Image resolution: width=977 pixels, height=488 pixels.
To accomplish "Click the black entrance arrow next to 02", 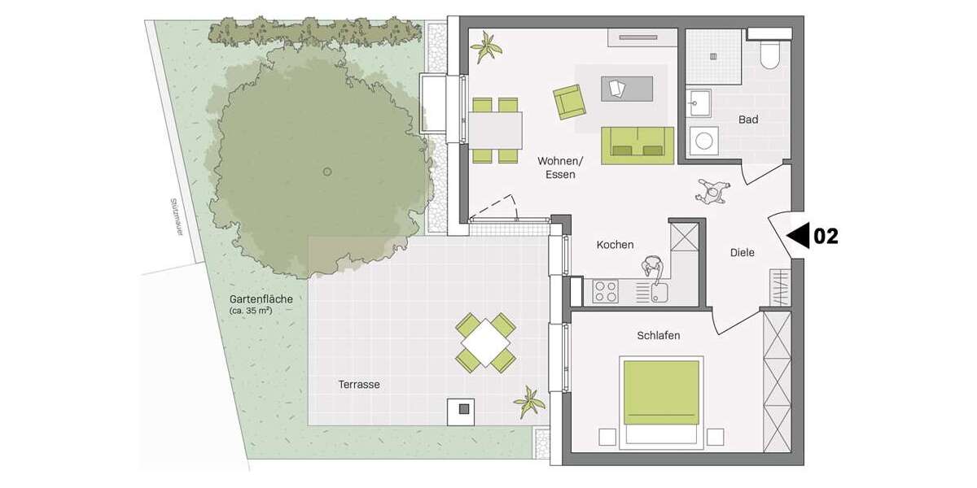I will pos(798,236).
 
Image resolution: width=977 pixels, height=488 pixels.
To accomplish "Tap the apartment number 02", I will pos(826,236).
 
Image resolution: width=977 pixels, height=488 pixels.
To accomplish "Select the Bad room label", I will pos(748,120).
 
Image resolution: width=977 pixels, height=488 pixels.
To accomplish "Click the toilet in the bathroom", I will pos(769,53).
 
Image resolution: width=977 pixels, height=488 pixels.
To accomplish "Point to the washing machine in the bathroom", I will pos(703,142).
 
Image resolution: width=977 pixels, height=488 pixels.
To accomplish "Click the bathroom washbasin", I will pos(699,102).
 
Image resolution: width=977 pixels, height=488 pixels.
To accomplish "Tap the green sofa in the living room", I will pos(637,146).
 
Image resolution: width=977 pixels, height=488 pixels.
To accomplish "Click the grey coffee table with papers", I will pos(627,88).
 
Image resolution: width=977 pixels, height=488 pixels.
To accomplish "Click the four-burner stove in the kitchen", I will pos(605,290).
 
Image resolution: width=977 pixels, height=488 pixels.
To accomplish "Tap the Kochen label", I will pos(615,245).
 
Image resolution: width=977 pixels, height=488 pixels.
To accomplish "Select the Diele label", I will pos(742,253).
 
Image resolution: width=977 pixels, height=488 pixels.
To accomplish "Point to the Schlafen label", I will pos(658,335).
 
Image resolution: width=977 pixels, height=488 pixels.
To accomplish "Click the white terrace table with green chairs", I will pos(486,342).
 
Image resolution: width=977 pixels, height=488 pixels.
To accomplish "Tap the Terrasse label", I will pos(359,384).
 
